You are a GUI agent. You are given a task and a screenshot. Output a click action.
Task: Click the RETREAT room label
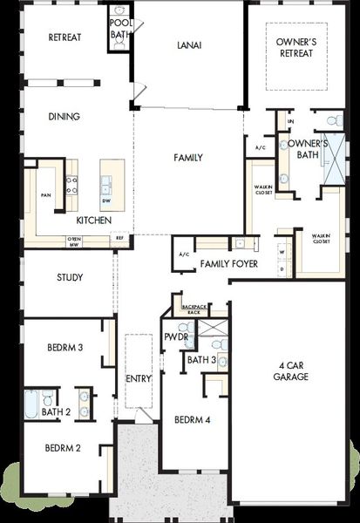pyautogui.click(x=65, y=37)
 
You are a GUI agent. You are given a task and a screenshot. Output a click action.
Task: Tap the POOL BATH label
pyautogui.click(x=119, y=30)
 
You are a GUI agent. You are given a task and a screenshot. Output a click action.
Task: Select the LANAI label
pyautogui.click(x=188, y=45)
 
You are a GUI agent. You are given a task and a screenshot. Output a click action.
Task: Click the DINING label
pyautogui.click(x=65, y=116)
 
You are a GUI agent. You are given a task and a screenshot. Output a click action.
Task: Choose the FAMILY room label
pyautogui.click(x=187, y=158)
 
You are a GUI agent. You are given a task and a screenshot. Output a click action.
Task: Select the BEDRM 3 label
pyautogui.click(x=65, y=348)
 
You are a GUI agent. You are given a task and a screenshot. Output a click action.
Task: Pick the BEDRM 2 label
pyautogui.click(x=65, y=448)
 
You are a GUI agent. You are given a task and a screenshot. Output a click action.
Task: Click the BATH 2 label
pyautogui.click(x=56, y=411)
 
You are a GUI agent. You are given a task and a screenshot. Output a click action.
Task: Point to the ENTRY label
pyautogui.click(x=138, y=378)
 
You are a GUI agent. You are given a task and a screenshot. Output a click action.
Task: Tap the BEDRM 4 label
pyautogui.click(x=192, y=419)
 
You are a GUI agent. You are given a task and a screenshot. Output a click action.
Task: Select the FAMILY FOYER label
pyautogui.click(x=228, y=263)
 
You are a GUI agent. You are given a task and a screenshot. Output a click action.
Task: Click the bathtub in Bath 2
pyautogui.click(x=31, y=404)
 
